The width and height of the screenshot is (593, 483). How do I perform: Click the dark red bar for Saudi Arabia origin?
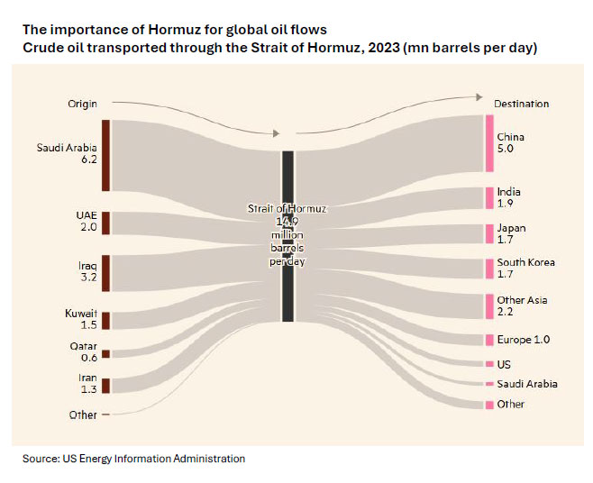[105, 155]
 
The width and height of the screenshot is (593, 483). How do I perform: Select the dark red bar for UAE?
[105, 223]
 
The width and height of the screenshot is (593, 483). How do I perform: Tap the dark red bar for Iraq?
[105, 272]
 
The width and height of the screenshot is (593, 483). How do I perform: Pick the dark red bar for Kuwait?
[105, 320]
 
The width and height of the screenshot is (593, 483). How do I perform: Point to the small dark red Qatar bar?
[105, 354]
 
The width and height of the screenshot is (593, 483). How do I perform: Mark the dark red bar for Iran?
[105, 386]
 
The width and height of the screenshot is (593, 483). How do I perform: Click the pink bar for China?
[489, 142]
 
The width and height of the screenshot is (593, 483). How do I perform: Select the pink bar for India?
[489, 197]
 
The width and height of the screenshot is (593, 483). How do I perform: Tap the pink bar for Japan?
[489, 233]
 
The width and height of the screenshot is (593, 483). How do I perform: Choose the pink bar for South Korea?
[489, 269]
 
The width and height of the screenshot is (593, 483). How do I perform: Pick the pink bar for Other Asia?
[489, 305]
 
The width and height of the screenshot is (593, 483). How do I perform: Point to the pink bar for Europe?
[489, 340]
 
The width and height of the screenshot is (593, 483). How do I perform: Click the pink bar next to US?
[489, 363]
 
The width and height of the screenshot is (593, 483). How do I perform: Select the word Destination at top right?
[522, 104]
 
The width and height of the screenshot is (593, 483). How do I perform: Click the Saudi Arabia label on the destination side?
[527, 384]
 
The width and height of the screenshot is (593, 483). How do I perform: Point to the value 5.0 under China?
[505, 150]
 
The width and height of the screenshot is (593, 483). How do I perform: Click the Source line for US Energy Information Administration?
[133, 459]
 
